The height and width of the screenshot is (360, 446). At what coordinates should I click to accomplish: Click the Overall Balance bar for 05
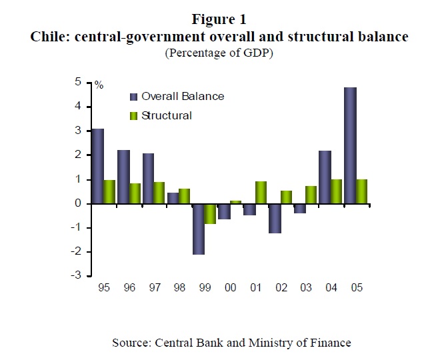[x=351, y=145]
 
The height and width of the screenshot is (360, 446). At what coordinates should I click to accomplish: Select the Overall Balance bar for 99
[x=199, y=229]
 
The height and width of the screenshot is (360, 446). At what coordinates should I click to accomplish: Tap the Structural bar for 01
[x=261, y=192]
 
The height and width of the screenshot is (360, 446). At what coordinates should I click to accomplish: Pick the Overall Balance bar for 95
[x=97, y=166]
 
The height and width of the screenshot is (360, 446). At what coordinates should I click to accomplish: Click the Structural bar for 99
[x=211, y=213]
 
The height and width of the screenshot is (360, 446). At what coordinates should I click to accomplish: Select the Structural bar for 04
[x=337, y=191]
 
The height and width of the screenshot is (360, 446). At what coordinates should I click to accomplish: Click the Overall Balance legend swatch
[x=133, y=97]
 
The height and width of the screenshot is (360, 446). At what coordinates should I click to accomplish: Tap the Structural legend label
[x=167, y=115]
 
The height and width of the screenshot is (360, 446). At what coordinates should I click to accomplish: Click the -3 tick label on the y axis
[x=85, y=275]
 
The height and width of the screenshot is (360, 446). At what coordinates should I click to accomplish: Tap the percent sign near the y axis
[x=99, y=85]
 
